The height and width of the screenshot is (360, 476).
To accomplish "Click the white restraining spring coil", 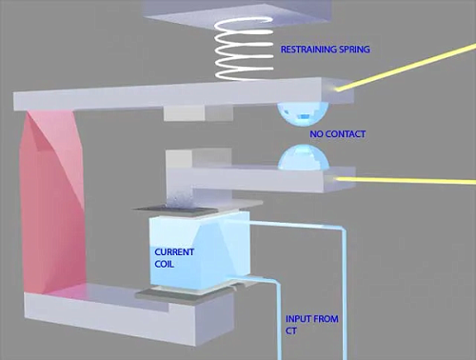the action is point(244,50).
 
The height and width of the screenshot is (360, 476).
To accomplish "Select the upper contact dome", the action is point(303,113).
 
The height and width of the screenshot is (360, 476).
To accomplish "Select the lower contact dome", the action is point(304,157).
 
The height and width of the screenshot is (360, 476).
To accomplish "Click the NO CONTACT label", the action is point(338,134).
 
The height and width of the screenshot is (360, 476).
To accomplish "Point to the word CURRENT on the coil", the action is point(174,252).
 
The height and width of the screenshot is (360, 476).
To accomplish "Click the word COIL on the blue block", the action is point(164,264).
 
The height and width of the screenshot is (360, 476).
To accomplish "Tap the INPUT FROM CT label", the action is point(312,325).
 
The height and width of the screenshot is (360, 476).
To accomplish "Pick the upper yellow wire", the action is point(407,68).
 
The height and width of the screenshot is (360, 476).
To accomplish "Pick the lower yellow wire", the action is point(407,180).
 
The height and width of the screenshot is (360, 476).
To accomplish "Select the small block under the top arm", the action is point(198,113).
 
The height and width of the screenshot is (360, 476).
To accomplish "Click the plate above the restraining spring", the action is point(237,12).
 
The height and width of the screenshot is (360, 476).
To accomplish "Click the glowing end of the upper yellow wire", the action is point(338,90).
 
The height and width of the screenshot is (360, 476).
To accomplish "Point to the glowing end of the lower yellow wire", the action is point(338,179).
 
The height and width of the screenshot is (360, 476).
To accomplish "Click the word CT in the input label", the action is point(291,330).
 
